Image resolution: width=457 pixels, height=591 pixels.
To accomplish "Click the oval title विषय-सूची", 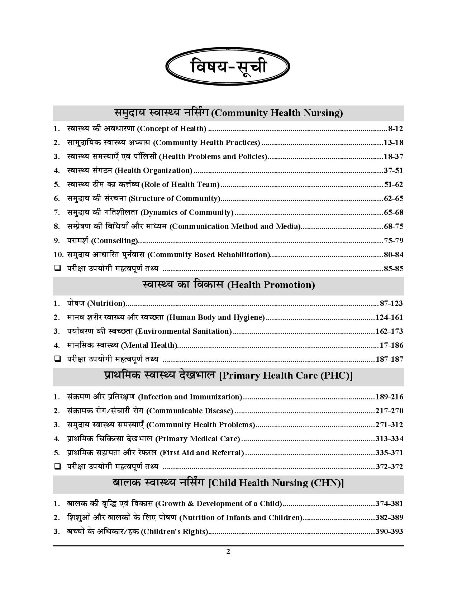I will pos(228,67).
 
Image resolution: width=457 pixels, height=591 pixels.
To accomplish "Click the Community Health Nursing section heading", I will pos(228,113).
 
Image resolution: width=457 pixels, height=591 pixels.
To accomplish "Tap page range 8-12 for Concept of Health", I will pos(395,129).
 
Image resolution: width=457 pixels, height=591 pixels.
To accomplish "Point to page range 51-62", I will pos(393,184).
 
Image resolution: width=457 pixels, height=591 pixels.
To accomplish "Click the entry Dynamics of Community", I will pos(150,212).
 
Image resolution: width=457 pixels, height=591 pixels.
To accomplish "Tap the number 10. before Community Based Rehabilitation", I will pos(58,255).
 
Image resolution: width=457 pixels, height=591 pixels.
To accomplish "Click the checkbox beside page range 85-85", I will pos(57,268).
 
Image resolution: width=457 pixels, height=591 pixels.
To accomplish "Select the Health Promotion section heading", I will pos(228,285).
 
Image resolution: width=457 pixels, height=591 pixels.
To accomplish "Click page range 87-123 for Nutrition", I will pos(391,303).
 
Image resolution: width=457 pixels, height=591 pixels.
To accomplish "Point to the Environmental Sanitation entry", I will pos(149,331).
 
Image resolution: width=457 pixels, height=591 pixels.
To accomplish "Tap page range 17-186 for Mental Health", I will pos(391,345).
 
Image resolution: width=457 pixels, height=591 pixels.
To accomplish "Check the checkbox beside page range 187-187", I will pos(57,359).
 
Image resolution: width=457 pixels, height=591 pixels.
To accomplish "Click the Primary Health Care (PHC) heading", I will pos(228,375).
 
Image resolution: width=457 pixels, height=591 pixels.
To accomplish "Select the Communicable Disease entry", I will pos(150,411).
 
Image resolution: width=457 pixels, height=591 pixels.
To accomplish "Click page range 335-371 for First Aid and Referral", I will pos(389,453).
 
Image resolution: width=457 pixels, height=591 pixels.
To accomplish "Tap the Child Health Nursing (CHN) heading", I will pos(228,483).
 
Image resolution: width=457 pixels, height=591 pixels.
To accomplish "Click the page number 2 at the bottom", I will pos(228,552).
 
